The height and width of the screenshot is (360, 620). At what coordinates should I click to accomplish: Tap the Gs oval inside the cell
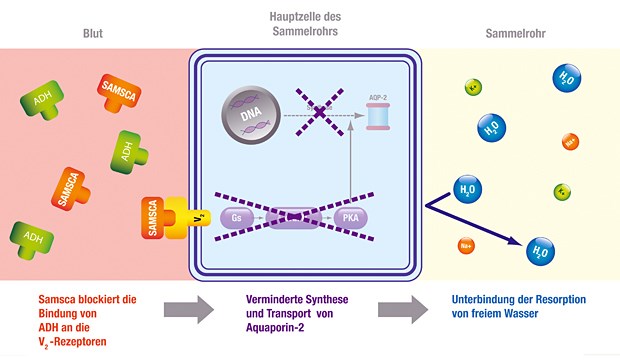pos(237,217)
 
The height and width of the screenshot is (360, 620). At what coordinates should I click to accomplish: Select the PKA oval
pos(351,217)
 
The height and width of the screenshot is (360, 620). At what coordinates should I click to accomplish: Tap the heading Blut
pos(92,32)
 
